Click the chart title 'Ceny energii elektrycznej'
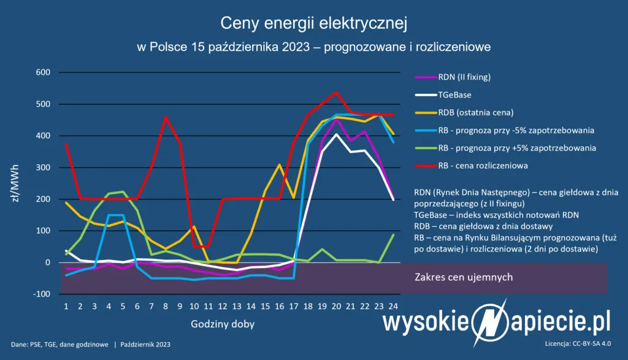click(313, 24)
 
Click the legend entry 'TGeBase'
click(456, 95)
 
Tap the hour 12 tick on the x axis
click(222, 305)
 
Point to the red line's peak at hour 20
click(335, 93)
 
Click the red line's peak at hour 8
click(166, 117)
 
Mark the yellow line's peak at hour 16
click(279, 164)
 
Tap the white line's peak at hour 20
click(335, 134)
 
